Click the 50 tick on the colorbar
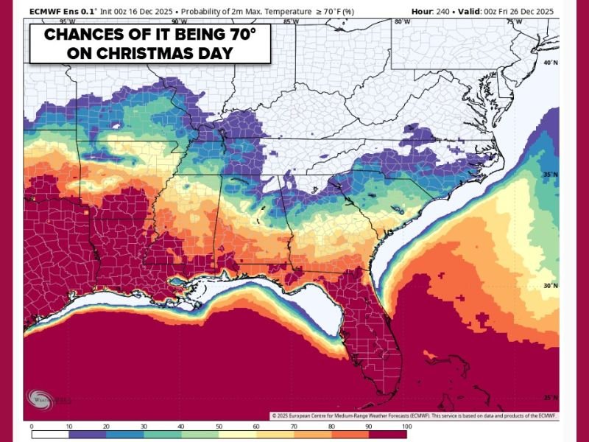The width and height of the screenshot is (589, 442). tap(219, 426)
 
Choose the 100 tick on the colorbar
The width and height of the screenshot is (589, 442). tap(406, 426)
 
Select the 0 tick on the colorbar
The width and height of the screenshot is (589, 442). tap(32, 426)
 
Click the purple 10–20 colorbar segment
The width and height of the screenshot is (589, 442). tap(88, 435)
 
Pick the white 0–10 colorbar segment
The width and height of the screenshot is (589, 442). tap(50, 435)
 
